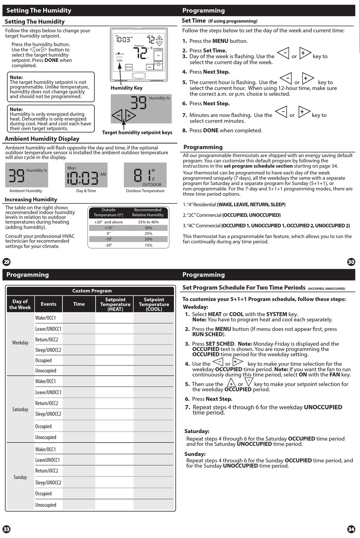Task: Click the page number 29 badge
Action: (6, 262)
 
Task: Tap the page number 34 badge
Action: (351, 529)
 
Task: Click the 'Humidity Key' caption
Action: (127, 88)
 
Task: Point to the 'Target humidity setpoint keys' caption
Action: (137, 133)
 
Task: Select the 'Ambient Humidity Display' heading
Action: (42, 139)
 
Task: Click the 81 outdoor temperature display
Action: (145, 175)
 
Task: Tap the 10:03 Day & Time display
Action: (86, 175)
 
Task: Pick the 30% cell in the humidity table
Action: (148, 228)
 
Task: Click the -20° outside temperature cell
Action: (108, 245)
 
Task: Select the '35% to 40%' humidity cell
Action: (148, 222)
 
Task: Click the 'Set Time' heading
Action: (194, 21)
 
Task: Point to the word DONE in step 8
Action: (211, 131)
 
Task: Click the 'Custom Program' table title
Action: (92, 291)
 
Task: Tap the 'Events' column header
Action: (49, 304)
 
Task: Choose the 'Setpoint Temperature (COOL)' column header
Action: (154, 304)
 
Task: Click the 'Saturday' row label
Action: (20, 409)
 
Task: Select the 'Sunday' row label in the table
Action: (20, 477)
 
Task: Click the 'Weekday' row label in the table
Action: (20, 343)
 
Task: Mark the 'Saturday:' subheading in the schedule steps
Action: (197, 431)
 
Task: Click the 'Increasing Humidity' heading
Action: (31, 200)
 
